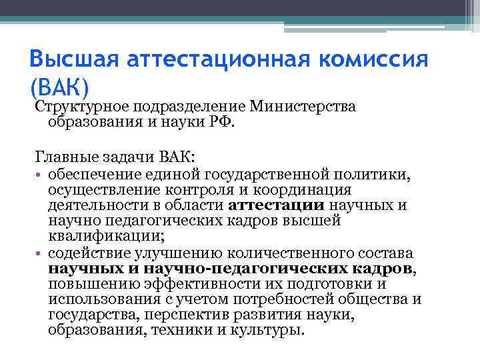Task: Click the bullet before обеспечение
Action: (40, 175)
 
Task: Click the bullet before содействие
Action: (40, 254)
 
